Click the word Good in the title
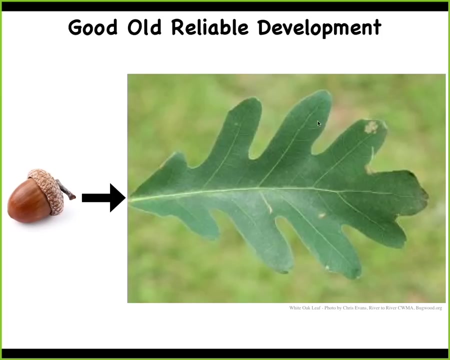[92, 27]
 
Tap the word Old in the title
[144, 27]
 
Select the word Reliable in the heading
[210, 27]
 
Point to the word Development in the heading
[319, 28]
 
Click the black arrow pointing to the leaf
[103, 198]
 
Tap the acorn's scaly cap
[48, 189]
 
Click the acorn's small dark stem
[66, 190]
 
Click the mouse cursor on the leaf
[319, 123]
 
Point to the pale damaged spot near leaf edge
[371, 127]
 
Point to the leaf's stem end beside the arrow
[129, 199]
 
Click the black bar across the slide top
[225, 6]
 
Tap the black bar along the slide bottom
[225, 353]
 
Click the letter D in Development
[263, 27]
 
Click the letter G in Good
[74, 27]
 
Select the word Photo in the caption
[330, 308]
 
